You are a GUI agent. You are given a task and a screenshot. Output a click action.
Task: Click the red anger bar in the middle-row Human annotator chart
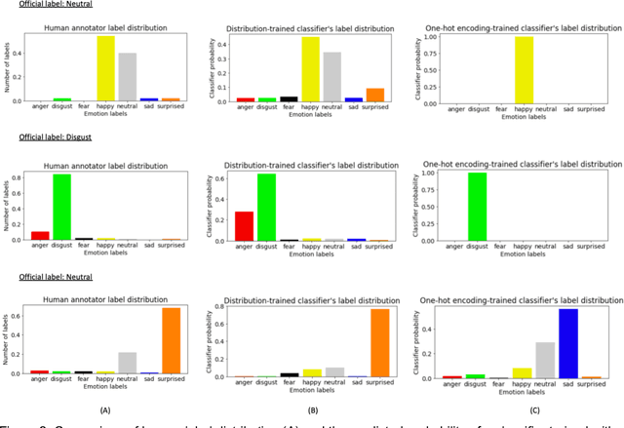coord(39,235)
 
